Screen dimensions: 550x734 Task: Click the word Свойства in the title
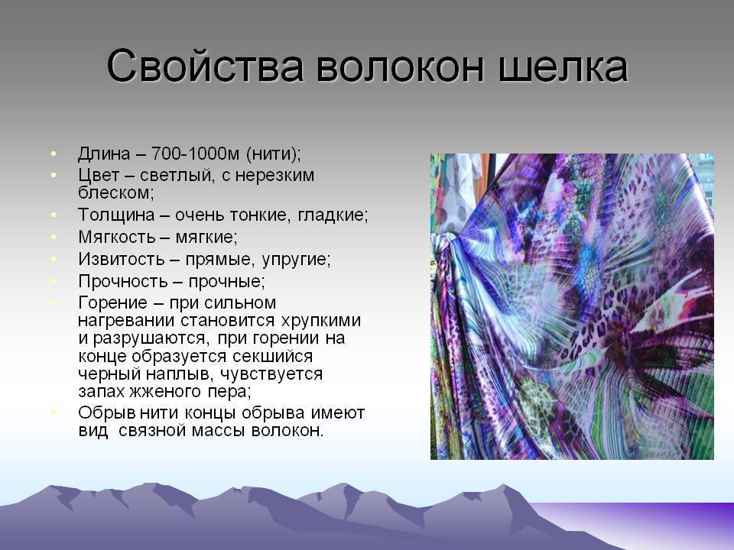[202, 67]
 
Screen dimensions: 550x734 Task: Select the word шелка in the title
[562, 67]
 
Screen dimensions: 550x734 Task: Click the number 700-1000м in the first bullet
[196, 154]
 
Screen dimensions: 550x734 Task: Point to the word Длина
[104, 154]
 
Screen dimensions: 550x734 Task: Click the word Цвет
[98, 175]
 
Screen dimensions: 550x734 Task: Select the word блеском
[115, 192]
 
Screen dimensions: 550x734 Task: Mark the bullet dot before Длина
[54, 154]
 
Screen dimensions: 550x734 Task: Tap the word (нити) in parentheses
[274, 154]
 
